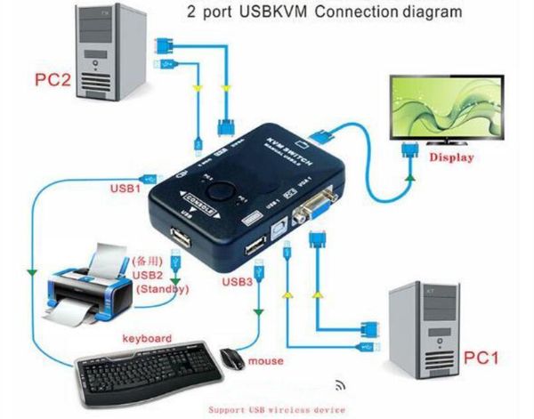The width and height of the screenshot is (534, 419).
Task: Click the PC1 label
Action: click(481, 359)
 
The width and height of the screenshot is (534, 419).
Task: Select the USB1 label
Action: click(125, 189)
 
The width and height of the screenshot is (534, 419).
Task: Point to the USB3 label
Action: click(237, 282)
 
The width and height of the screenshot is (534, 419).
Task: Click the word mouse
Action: click(266, 361)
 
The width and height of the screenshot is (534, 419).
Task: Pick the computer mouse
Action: click(231, 359)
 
